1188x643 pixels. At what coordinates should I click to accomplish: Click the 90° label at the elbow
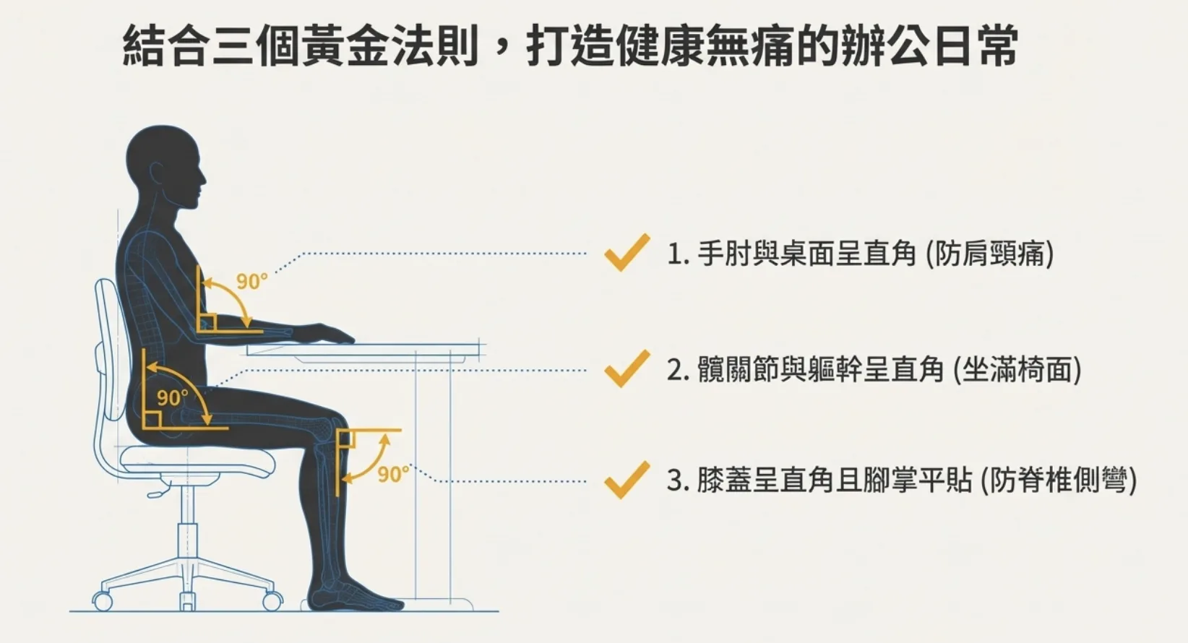pos(251,281)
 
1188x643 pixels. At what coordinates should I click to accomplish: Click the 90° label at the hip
pos(172,397)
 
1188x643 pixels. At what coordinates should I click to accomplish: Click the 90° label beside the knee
pos(392,474)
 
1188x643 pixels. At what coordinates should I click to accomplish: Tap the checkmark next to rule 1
pos(627,253)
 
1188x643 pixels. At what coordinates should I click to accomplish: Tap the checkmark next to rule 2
pos(627,369)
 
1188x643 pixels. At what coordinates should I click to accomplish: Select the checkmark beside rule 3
pos(627,480)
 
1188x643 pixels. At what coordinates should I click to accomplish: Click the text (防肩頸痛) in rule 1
pos(989,254)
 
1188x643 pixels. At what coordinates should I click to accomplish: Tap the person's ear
pos(157,174)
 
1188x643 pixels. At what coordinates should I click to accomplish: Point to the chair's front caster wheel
pos(272,600)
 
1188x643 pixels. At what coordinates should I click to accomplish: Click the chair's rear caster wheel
pos(103,601)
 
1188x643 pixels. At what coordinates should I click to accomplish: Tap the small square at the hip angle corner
pos(151,420)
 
